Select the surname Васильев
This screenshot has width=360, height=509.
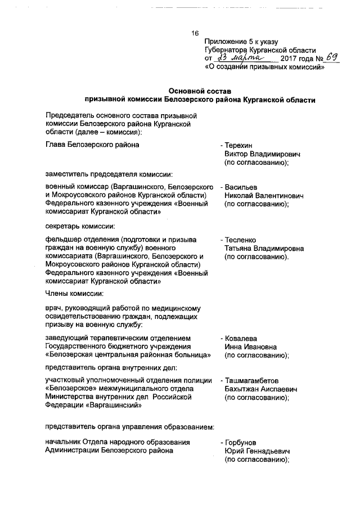[242, 186]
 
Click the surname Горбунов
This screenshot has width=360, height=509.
[242, 442]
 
